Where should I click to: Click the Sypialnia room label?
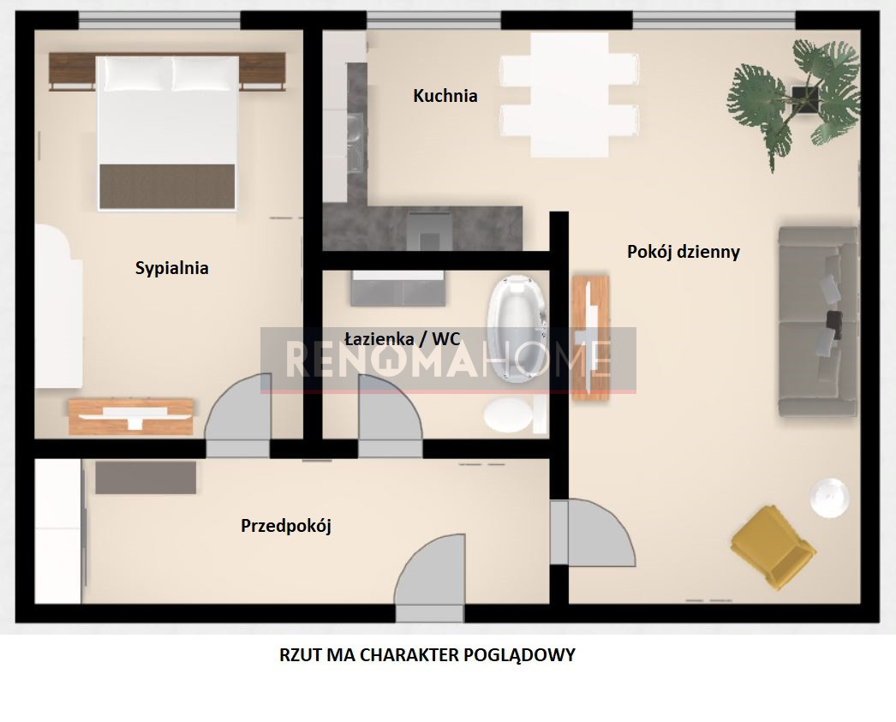171,268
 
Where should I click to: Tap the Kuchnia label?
445,95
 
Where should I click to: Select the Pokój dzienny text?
684,252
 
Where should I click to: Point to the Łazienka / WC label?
403,338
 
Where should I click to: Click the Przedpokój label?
286,526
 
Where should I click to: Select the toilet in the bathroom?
514,415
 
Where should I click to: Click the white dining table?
569,95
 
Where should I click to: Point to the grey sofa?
818,321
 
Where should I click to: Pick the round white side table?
828,498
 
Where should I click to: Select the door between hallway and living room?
593,533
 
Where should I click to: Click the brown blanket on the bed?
167,187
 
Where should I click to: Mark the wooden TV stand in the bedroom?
131,417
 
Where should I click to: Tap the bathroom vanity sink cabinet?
398,288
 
